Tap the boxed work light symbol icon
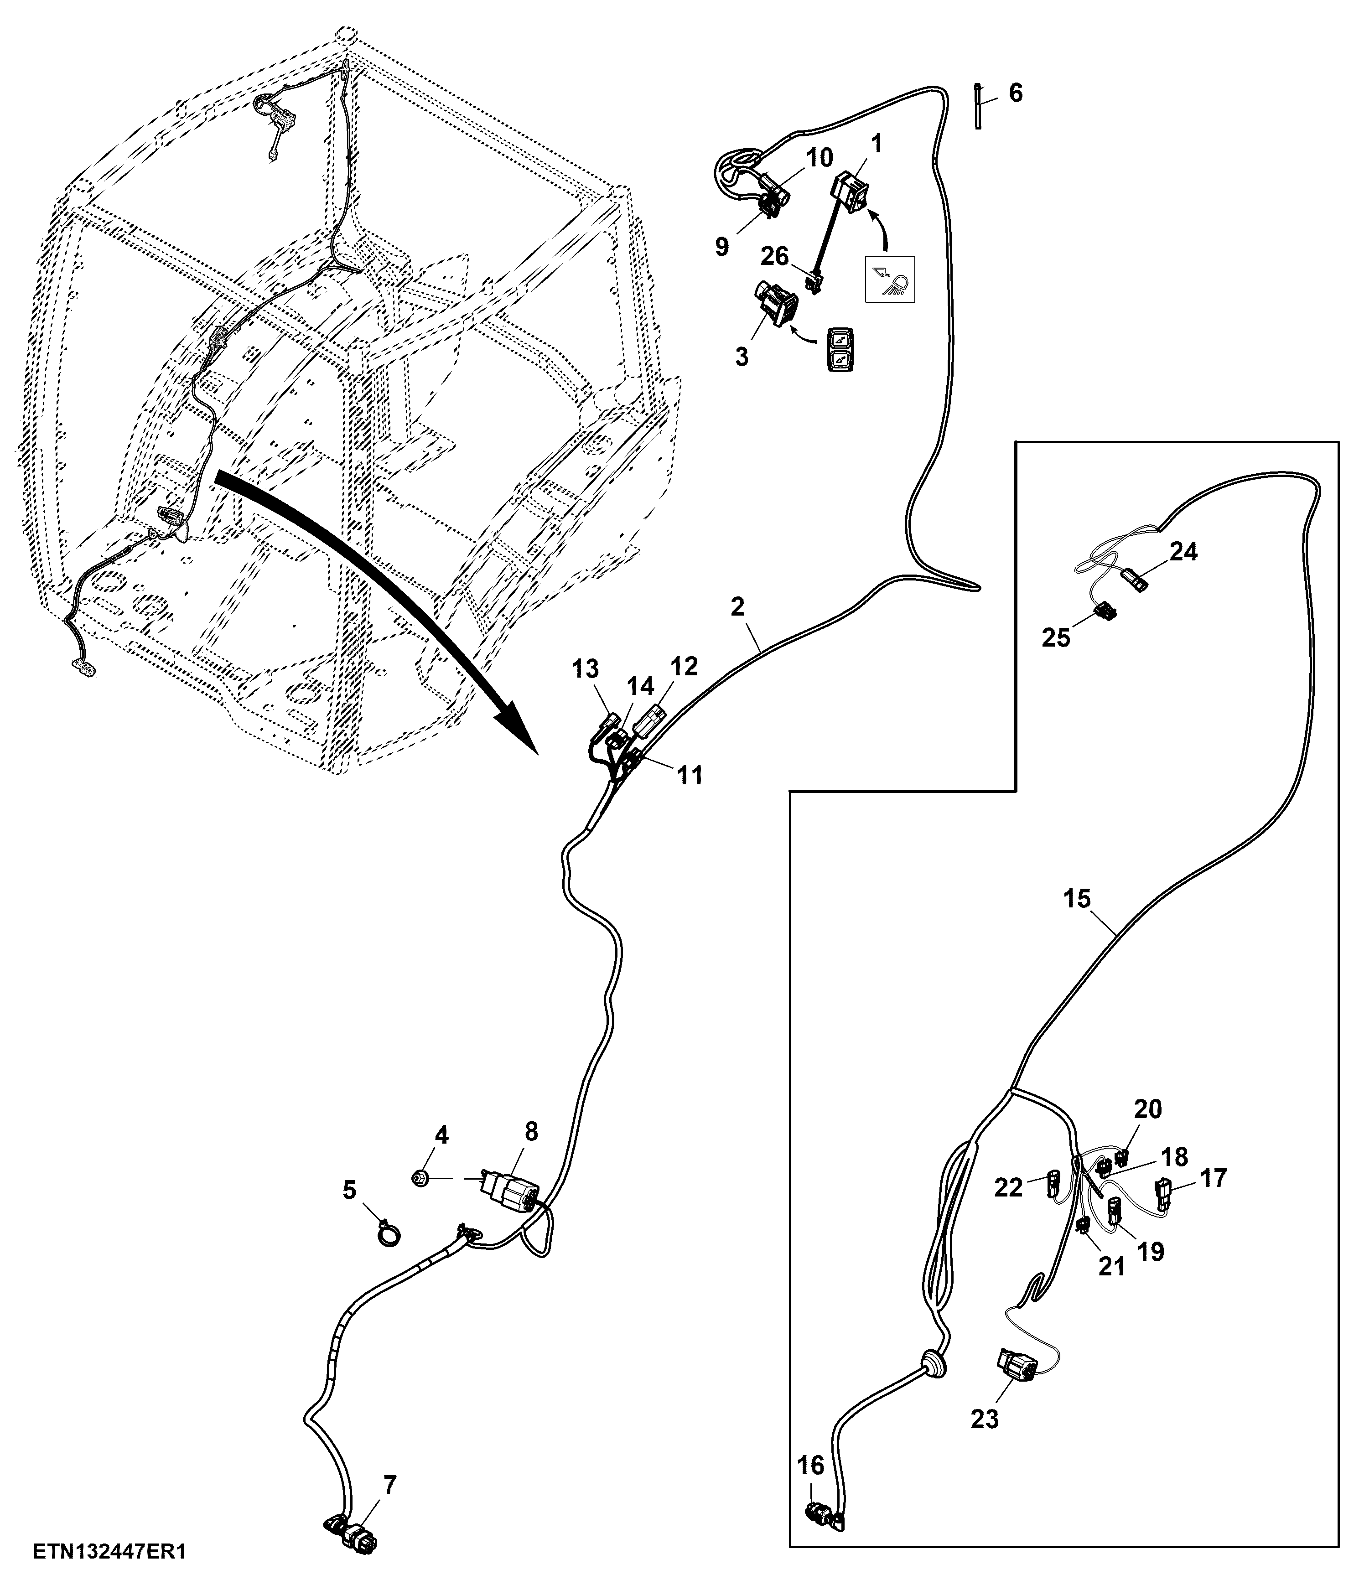pos(889,279)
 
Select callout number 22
pos(1009,1187)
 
